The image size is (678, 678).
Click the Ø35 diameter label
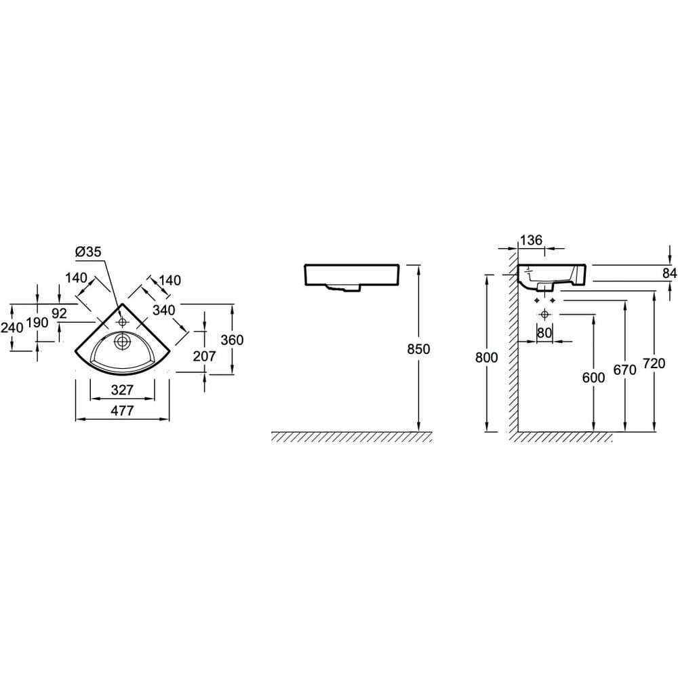click(x=88, y=252)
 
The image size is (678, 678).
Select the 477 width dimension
click(x=122, y=410)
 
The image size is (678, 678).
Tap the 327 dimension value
click(x=122, y=390)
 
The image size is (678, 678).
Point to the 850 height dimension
click(x=418, y=348)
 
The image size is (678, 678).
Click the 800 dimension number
click(x=486, y=357)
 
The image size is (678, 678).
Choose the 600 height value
click(x=594, y=378)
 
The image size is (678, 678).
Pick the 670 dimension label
click(x=625, y=370)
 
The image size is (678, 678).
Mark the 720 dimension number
click(x=654, y=363)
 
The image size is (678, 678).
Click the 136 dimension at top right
click(x=531, y=240)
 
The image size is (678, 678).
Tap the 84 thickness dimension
click(x=670, y=273)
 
